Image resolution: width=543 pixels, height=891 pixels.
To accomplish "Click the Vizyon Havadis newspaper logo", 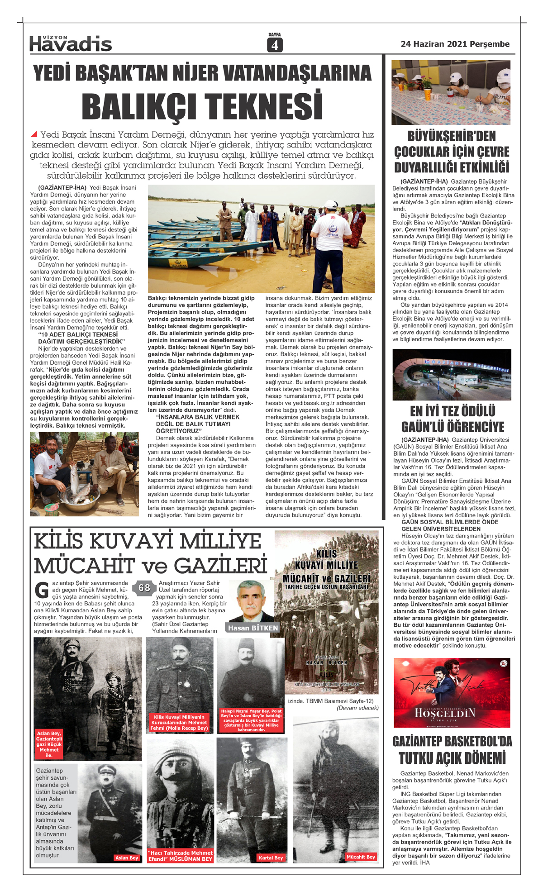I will (70, 43).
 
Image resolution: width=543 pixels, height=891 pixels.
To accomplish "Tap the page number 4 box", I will (275, 45).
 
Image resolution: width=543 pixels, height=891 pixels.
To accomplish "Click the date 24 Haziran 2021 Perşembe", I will (455, 44).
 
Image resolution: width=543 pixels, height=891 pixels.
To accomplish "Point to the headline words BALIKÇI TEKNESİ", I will (202, 106).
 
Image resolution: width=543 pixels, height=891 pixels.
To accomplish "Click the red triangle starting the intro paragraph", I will (34, 134).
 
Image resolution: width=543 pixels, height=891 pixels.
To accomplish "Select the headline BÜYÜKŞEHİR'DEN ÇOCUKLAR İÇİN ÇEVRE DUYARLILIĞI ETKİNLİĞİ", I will (452, 152).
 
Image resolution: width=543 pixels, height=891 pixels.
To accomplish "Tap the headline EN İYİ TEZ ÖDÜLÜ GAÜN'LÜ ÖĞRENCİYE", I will (452, 419).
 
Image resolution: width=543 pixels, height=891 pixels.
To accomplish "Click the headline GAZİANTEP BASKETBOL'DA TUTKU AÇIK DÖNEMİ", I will (452, 750).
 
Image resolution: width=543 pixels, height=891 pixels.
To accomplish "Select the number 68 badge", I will (144, 588).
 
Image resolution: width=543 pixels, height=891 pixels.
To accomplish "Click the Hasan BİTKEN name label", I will (253, 628).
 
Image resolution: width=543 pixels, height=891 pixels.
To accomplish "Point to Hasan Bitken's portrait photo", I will (251, 601).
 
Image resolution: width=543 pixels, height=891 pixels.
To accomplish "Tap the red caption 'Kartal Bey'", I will (271, 858).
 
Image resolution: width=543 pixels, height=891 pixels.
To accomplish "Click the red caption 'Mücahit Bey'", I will (360, 857).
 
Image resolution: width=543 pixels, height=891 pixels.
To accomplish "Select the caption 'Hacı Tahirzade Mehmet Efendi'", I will (180, 856).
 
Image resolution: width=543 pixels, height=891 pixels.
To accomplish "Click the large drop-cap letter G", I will (42, 591).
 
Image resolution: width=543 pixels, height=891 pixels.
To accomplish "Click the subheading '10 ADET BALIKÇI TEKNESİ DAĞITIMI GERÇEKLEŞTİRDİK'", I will (81, 338).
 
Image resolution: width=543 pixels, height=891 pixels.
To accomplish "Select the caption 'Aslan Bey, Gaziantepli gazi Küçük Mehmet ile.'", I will (49, 744).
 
